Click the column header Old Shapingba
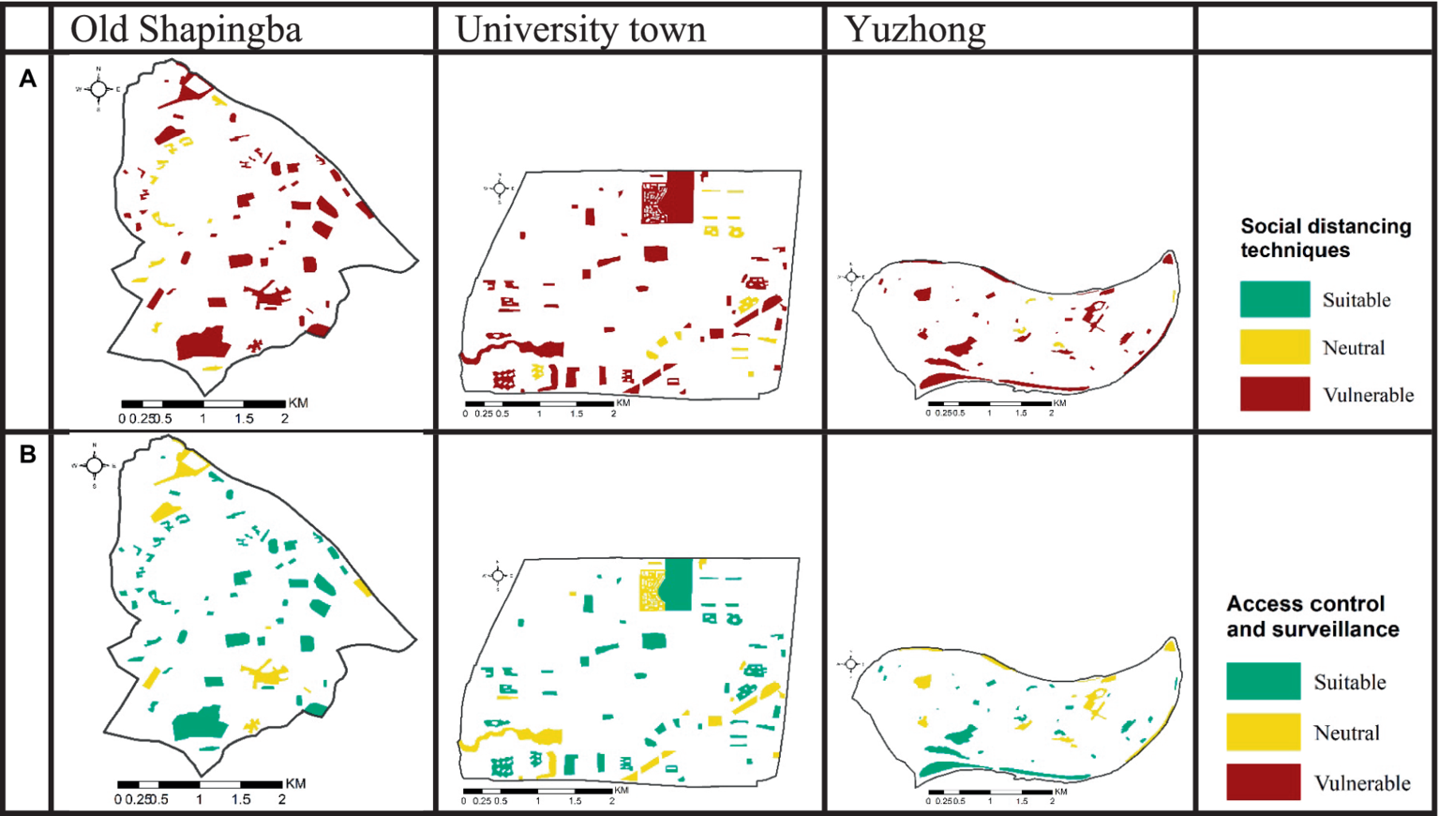(186, 29)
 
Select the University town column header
(579, 29)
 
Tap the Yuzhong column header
(914, 29)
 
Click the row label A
(28, 79)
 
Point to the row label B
(28, 455)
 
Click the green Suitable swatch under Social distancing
(1274, 299)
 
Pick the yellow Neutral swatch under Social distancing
(1274, 347)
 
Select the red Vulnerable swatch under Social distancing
(1274, 394)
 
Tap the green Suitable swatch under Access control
(1263, 682)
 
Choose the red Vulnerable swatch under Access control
(1263, 782)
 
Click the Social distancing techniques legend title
(1325, 238)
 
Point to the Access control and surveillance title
(1312, 616)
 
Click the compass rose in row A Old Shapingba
(98, 89)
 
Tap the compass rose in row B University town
(498, 575)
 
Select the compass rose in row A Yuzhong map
(851, 277)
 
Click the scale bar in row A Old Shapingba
(203, 404)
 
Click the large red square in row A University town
(680, 196)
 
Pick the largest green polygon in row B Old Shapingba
(200, 723)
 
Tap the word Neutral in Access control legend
(1346, 733)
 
